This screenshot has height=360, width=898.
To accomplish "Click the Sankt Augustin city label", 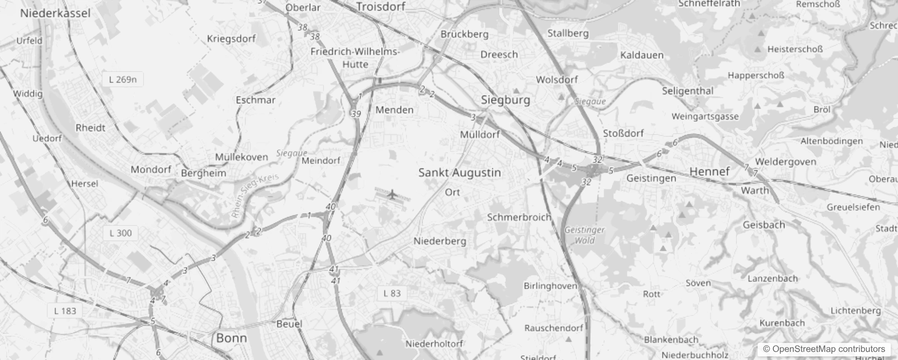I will click(459, 173).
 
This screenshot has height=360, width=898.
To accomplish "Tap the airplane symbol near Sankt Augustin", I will click(392, 195).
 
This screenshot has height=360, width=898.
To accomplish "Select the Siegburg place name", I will click(505, 100).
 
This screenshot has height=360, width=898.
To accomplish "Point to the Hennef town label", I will click(709, 171).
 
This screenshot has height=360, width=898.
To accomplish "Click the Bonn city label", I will click(231, 338).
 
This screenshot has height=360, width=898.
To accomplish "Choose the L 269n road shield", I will click(123, 80).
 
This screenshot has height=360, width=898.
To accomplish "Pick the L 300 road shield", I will click(121, 233).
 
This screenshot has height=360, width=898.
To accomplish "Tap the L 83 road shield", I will click(392, 293).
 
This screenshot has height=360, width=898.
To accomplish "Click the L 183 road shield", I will click(65, 311).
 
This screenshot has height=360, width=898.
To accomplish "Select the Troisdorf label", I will click(381, 7).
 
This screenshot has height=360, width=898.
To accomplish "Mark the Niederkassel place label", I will click(55, 13).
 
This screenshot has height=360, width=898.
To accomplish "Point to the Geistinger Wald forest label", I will click(584, 235).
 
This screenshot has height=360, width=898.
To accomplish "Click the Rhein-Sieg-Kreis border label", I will click(255, 195).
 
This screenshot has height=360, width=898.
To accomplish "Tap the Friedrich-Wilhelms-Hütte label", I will click(355, 58).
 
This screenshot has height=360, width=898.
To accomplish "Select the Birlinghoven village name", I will click(550, 286).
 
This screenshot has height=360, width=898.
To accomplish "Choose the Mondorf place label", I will click(151, 170).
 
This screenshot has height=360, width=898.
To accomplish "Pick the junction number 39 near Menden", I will click(356, 114).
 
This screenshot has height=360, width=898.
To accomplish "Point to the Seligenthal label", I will click(687, 91).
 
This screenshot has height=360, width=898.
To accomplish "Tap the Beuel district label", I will click(289, 324).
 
